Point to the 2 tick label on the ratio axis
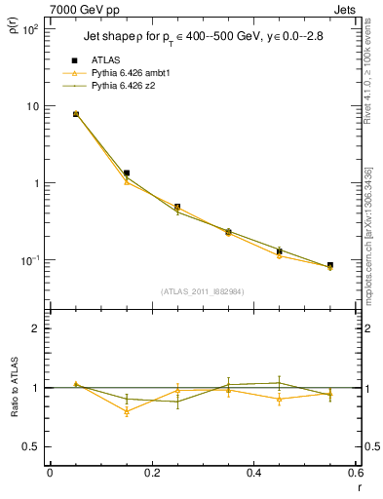[x=34, y=328]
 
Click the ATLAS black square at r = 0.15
[x=127, y=173]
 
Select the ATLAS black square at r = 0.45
[x=279, y=251]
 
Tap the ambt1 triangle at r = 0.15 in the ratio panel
[x=127, y=411]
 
